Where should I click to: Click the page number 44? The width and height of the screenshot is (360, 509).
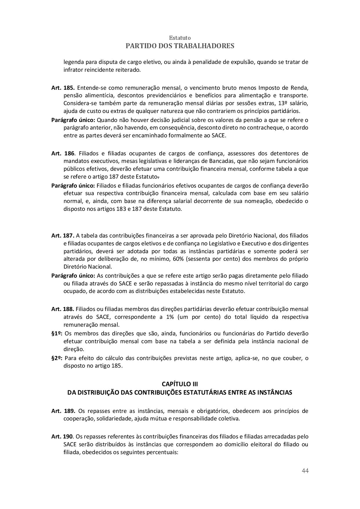305,471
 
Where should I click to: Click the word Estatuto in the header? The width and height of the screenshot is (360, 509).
180,38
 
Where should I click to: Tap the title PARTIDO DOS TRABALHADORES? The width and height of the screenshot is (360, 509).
180,46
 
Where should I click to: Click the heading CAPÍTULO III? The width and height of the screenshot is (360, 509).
180,384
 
